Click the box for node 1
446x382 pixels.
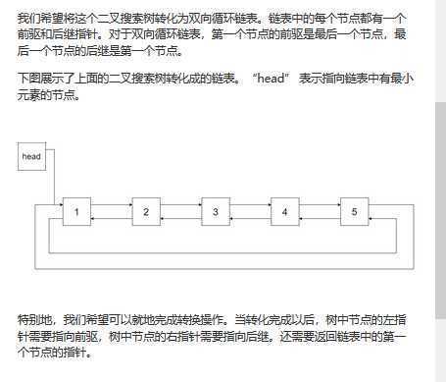[x=76, y=211]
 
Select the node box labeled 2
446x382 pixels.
[x=146, y=211]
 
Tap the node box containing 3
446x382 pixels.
[x=215, y=211]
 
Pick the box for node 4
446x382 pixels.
[x=284, y=211]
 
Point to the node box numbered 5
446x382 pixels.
[x=354, y=211]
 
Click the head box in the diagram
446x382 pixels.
[x=32, y=156]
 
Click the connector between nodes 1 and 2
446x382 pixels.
[x=111, y=211]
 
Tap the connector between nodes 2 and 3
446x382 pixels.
[x=180, y=211]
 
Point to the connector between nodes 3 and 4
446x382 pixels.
[x=250, y=211]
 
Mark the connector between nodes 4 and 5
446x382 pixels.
[x=320, y=211]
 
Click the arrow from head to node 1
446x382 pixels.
[x=54, y=187]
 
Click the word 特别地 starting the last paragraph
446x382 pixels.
[x=35, y=319]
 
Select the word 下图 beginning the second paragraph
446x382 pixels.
[x=27, y=77]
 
